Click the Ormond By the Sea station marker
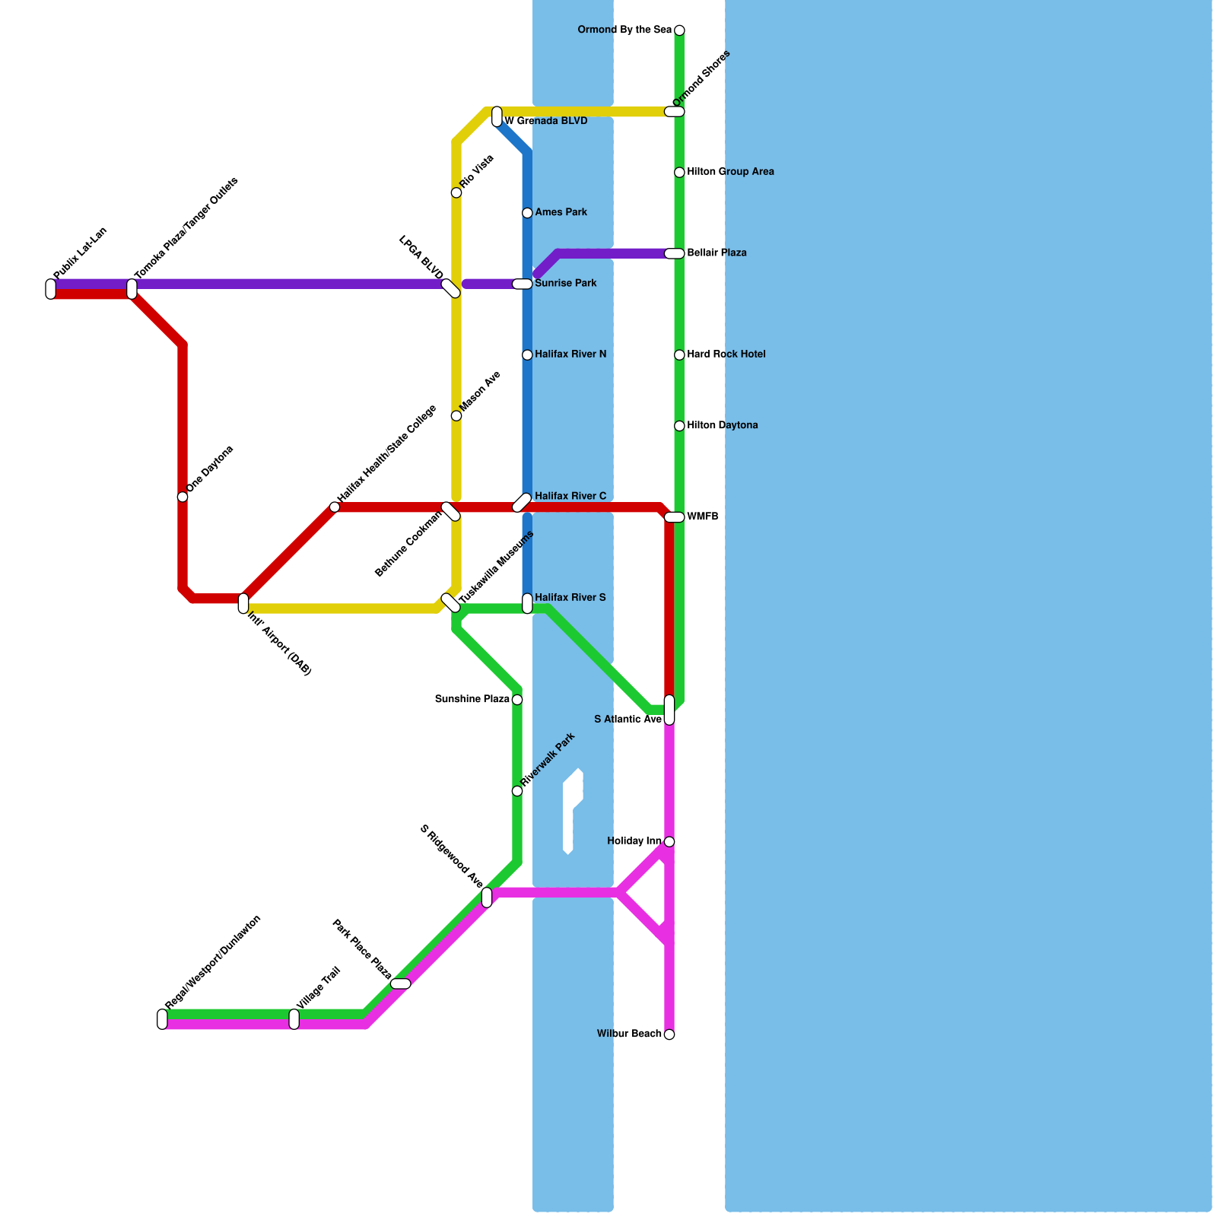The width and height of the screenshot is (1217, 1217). pyautogui.click(x=679, y=30)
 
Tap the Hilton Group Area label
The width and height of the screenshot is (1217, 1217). pyautogui.click(x=730, y=172)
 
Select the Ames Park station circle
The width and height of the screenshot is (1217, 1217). pyautogui.click(x=527, y=213)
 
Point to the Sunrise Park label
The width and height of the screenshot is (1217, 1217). pyautogui.click(x=565, y=284)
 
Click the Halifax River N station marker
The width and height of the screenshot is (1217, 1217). pyautogui.click(x=527, y=355)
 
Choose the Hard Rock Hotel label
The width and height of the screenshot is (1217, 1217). pyautogui.click(x=726, y=354)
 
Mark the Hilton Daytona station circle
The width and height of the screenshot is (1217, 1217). pyautogui.click(x=679, y=426)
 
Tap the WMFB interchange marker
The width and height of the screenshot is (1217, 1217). pyautogui.click(x=675, y=517)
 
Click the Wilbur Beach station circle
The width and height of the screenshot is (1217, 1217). pyautogui.click(x=669, y=1034)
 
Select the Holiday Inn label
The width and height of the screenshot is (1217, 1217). pyautogui.click(x=634, y=841)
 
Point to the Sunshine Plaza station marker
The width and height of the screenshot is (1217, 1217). pyautogui.click(x=517, y=700)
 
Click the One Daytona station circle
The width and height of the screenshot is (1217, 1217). pyautogui.click(x=183, y=497)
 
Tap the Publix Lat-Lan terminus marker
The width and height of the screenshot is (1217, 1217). pyautogui.click(x=51, y=289)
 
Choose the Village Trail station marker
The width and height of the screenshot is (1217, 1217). pyautogui.click(x=294, y=1019)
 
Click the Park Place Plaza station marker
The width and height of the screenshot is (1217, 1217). pyautogui.click(x=401, y=984)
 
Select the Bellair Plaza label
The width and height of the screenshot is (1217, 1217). pyautogui.click(x=717, y=253)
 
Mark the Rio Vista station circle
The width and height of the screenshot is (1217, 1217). pyautogui.click(x=456, y=193)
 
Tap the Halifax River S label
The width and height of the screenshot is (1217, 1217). pyautogui.click(x=570, y=598)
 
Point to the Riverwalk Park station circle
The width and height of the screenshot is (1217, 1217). pyautogui.click(x=517, y=792)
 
